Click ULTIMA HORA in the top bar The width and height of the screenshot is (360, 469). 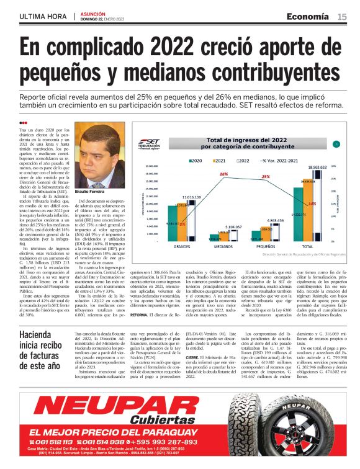click(x=43, y=17)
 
